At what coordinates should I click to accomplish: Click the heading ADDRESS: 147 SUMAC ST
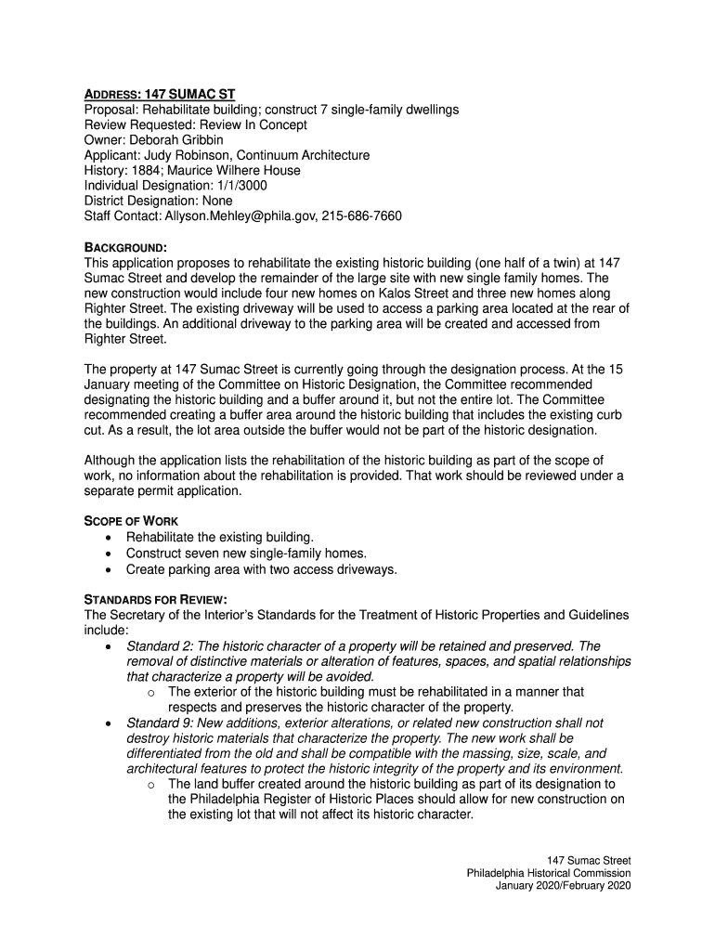click(160, 95)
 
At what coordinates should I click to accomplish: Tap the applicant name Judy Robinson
click(191, 155)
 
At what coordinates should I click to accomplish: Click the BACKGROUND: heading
click(125, 247)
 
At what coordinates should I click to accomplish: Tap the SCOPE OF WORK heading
click(131, 521)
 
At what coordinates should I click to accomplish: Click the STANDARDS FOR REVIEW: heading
click(156, 599)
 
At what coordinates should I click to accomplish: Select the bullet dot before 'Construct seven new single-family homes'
click(111, 554)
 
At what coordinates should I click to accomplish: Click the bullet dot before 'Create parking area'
click(111, 569)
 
